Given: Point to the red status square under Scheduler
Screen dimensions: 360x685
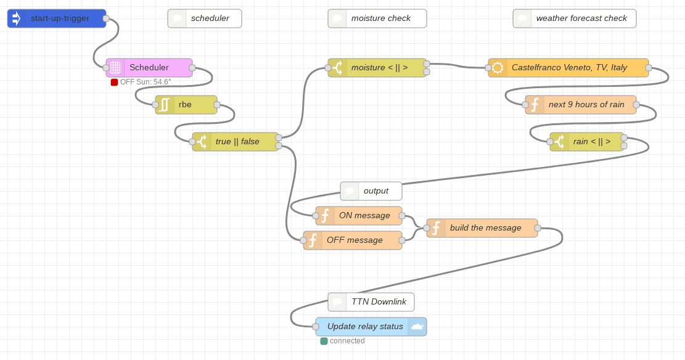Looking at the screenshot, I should click(114, 82).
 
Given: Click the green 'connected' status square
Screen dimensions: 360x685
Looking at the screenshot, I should click(324, 341).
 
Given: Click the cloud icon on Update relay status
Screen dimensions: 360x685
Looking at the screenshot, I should click(417, 327).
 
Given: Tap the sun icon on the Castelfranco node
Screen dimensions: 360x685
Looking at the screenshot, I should click(498, 68).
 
